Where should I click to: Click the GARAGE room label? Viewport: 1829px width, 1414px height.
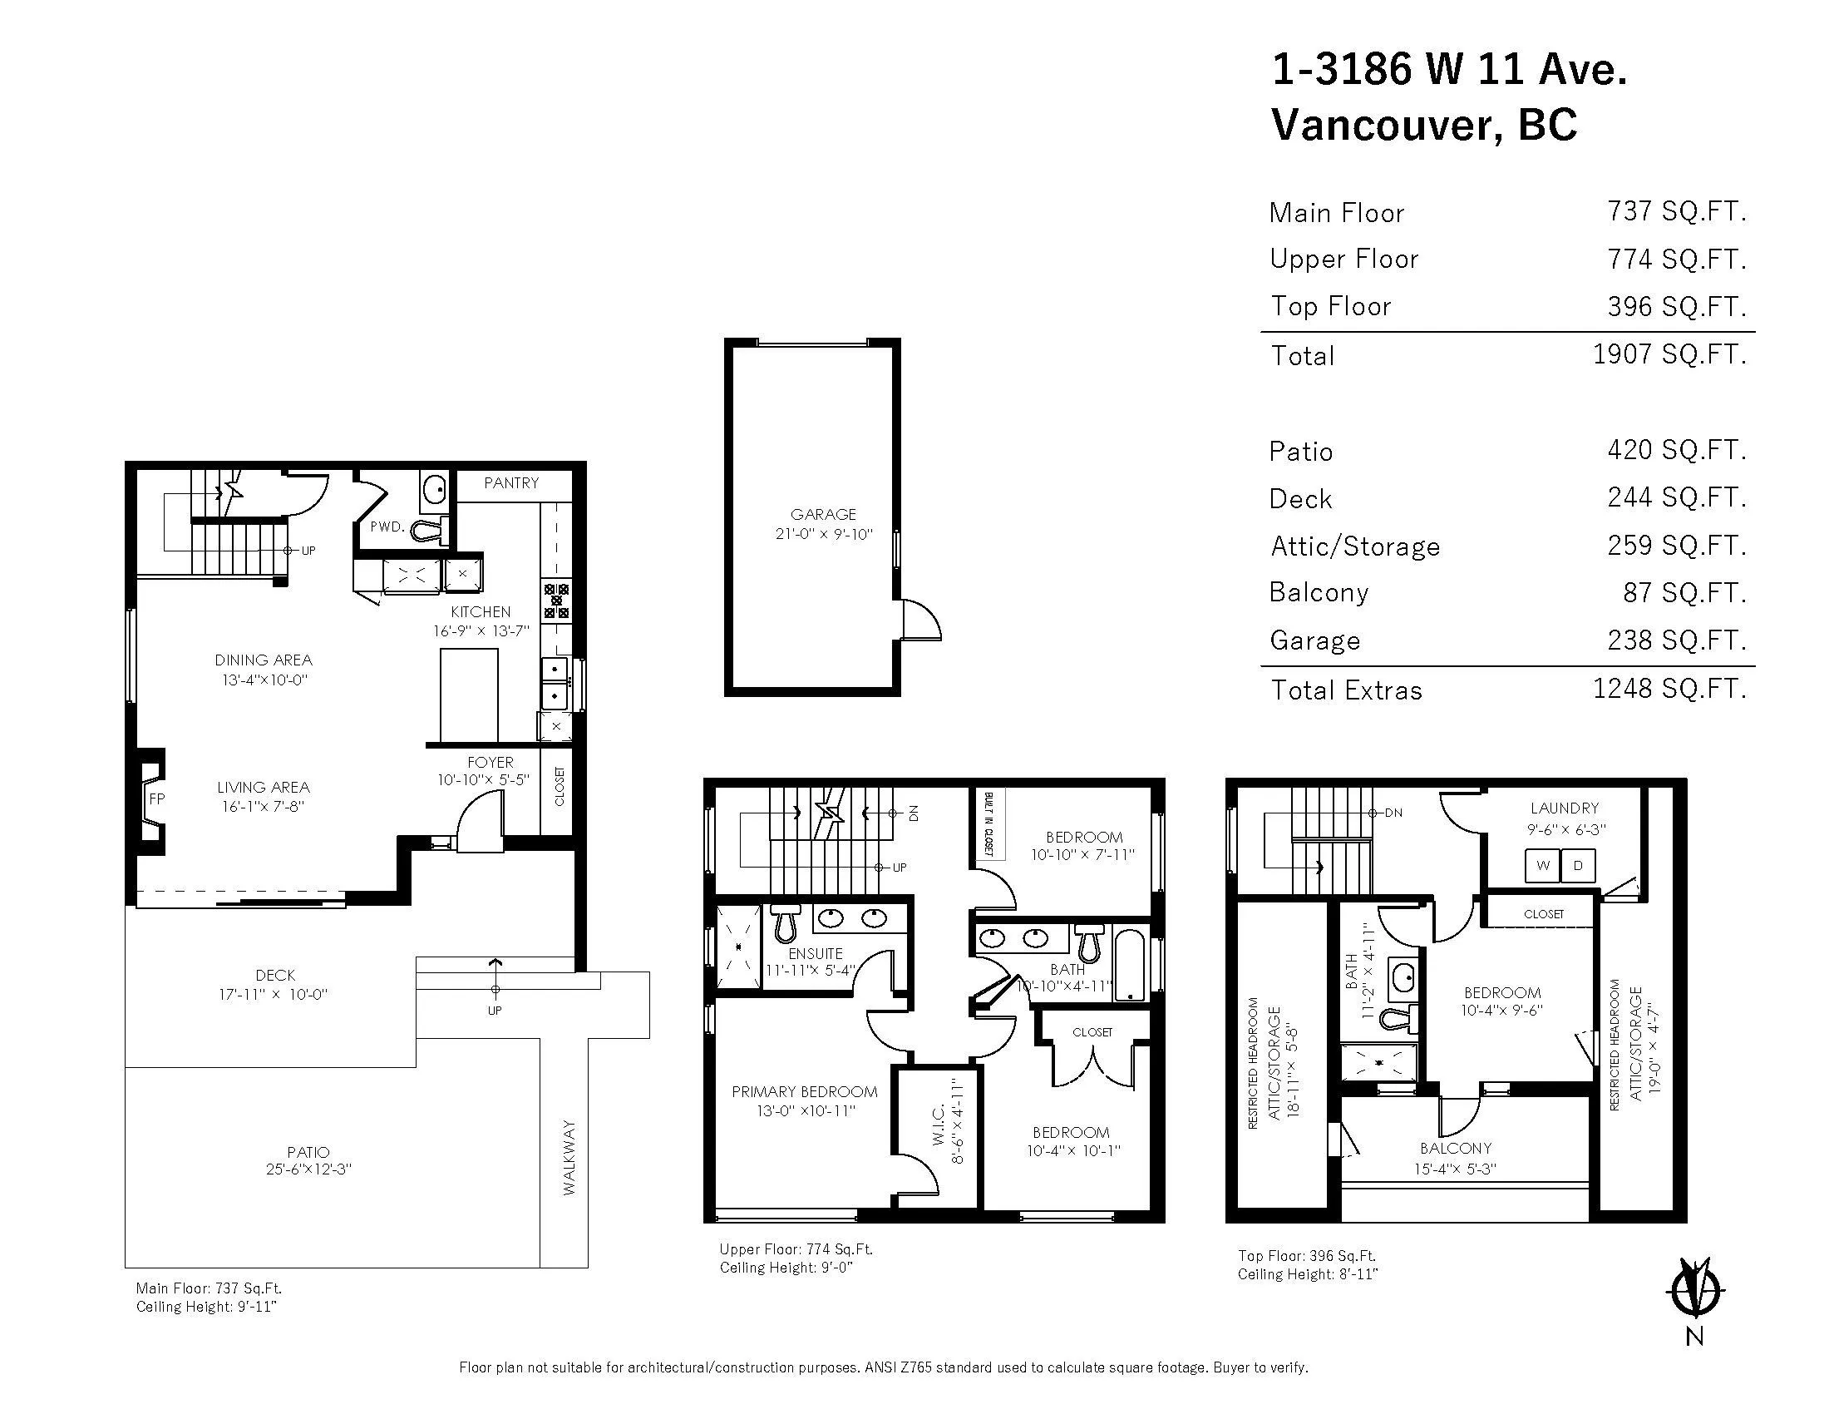(x=823, y=514)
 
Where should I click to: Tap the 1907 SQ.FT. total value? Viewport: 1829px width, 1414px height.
(x=1669, y=354)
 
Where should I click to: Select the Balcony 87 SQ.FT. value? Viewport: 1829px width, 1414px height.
(x=1684, y=592)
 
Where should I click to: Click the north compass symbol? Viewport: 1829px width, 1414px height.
(x=1693, y=1288)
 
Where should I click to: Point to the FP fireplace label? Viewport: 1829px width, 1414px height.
(x=156, y=798)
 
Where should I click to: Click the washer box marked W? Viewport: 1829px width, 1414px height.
(x=1542, y=865)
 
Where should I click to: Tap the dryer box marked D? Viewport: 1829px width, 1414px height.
(x=1579, y=865)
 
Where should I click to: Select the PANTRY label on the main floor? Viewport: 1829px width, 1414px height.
(x=510, y=482)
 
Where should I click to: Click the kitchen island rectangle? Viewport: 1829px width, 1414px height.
(x=469, y=695)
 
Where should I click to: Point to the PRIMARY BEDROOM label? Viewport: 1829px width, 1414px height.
(x=804, y=1091)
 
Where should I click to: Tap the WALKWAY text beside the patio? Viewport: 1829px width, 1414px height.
(x=569, y=1157)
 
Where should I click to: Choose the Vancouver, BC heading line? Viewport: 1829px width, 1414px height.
(x=1423, y=124)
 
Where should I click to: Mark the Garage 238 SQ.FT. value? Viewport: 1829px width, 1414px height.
(x=1677, y=640)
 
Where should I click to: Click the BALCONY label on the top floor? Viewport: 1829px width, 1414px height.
(x=1456, y=1149)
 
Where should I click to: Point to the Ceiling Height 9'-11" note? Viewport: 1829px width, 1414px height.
(x=206, y=1306)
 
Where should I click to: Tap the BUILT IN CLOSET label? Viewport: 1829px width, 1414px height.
(x=988, y=823)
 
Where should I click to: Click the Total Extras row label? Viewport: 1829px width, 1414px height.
(x=1347, y=690)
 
